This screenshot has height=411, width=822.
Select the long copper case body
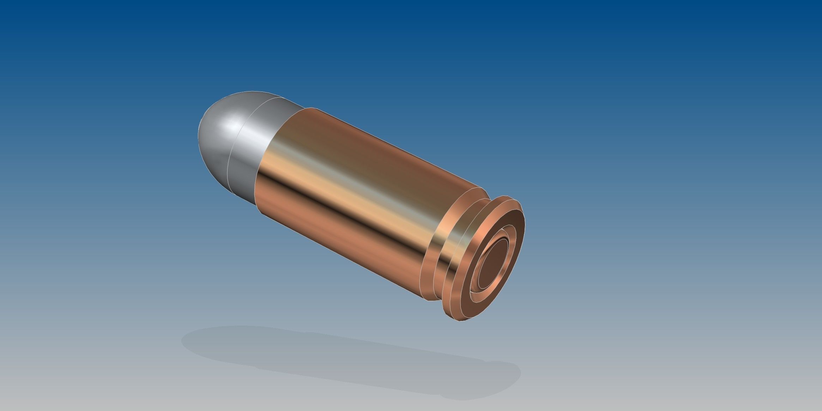(353, 198)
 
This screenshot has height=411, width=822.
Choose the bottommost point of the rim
(459, 321)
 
